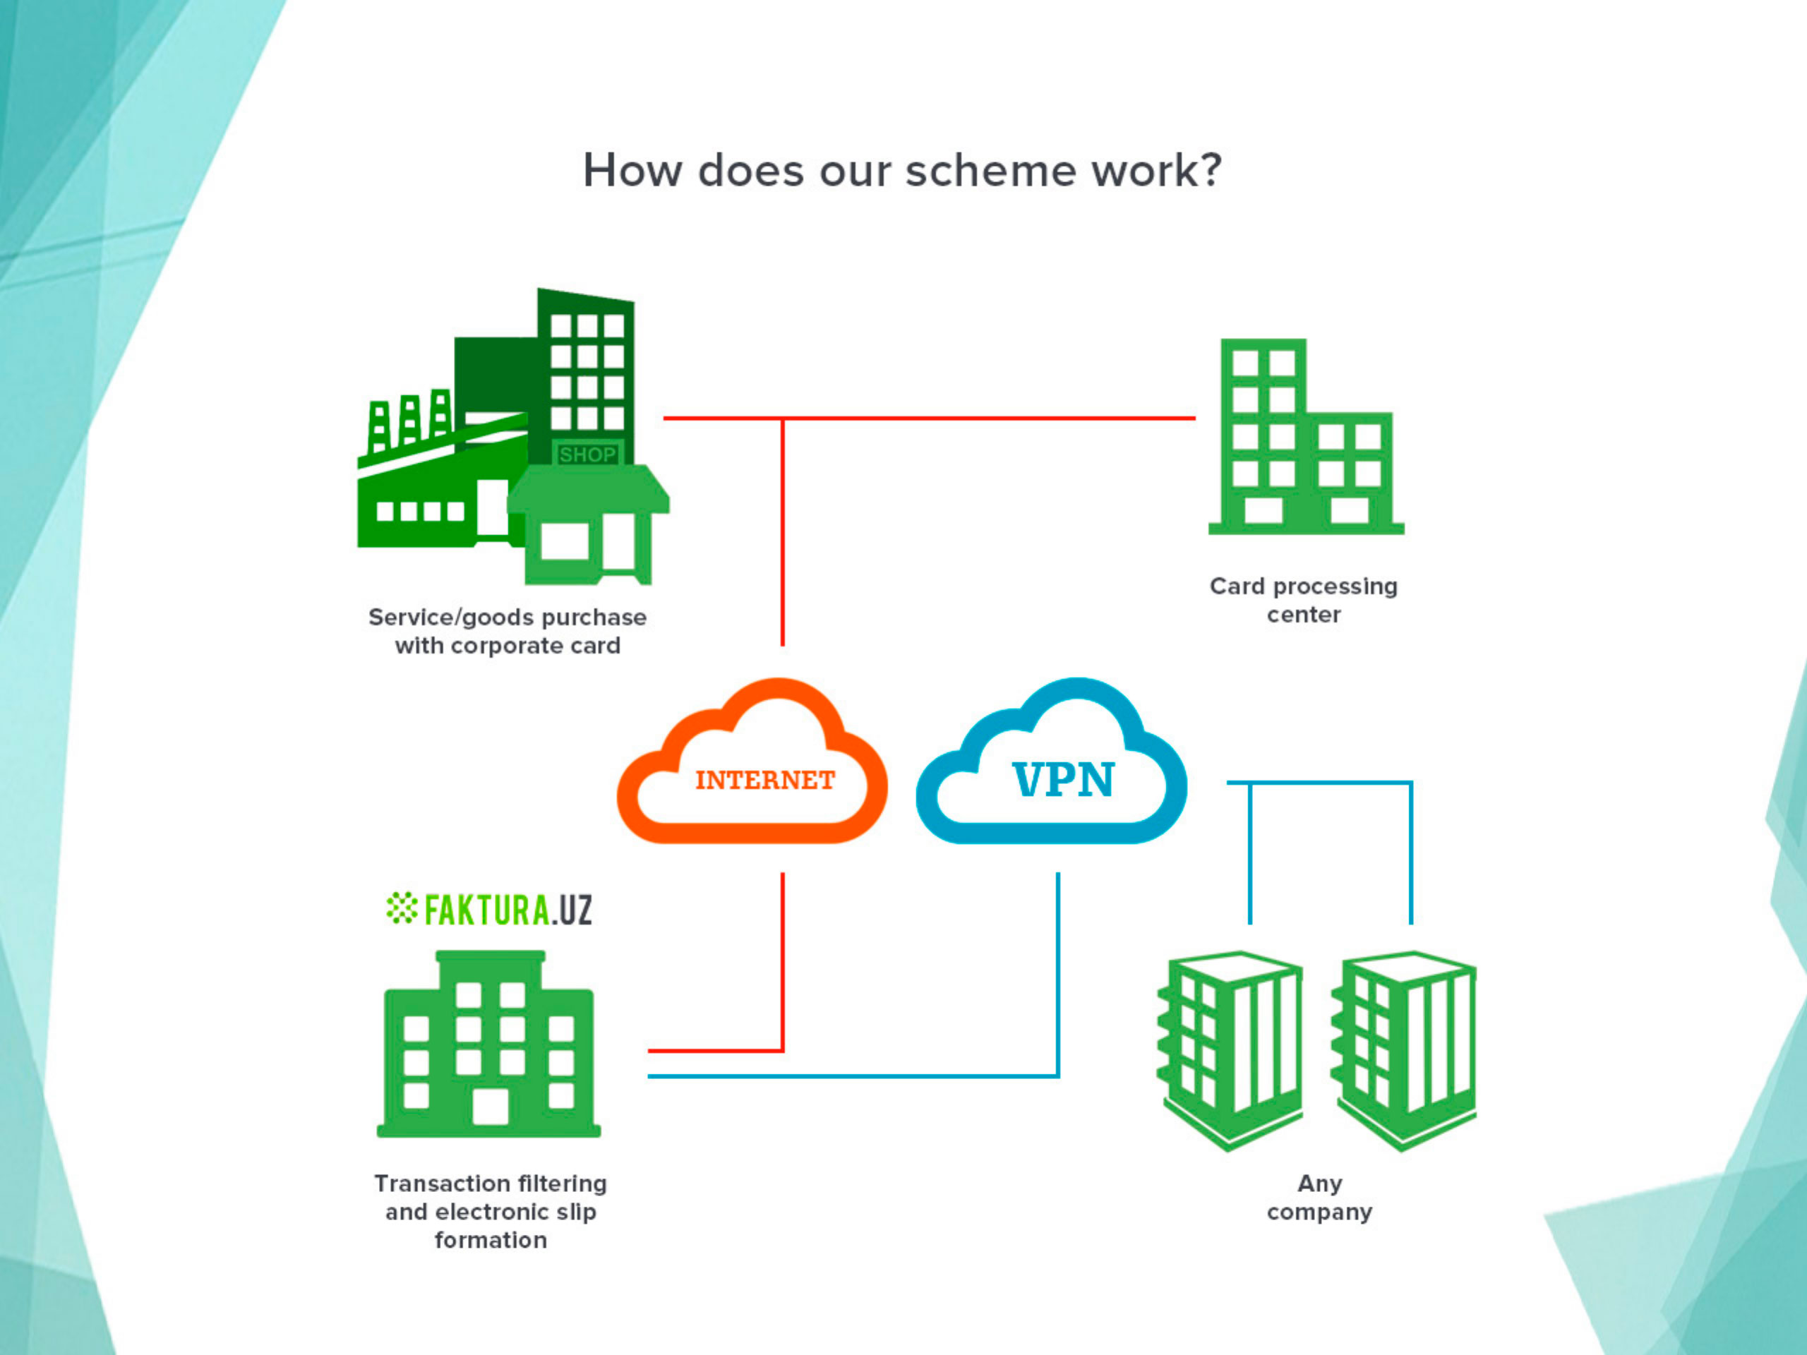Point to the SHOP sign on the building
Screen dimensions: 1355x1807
(x=587, y=454)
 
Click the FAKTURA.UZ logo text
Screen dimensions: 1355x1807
(x=508, y=910)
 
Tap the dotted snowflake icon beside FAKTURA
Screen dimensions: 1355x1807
(x=401, y=908)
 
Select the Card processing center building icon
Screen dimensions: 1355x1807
(x=1304, y=438)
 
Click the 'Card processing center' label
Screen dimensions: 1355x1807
(x=1304, y=601)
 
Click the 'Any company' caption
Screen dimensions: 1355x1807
(x=1319, y=1198)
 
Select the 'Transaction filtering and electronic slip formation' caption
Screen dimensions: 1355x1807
(x=490, y=1212)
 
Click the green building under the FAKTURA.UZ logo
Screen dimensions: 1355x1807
(x=488, y=1045)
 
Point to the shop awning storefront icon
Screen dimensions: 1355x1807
(x=589, y=524)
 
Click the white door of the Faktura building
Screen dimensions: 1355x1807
(x=490, y=1107)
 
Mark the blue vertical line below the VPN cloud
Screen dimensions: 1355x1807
(x=1058, y=972)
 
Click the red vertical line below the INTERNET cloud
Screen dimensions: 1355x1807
(x=783, y=960)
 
